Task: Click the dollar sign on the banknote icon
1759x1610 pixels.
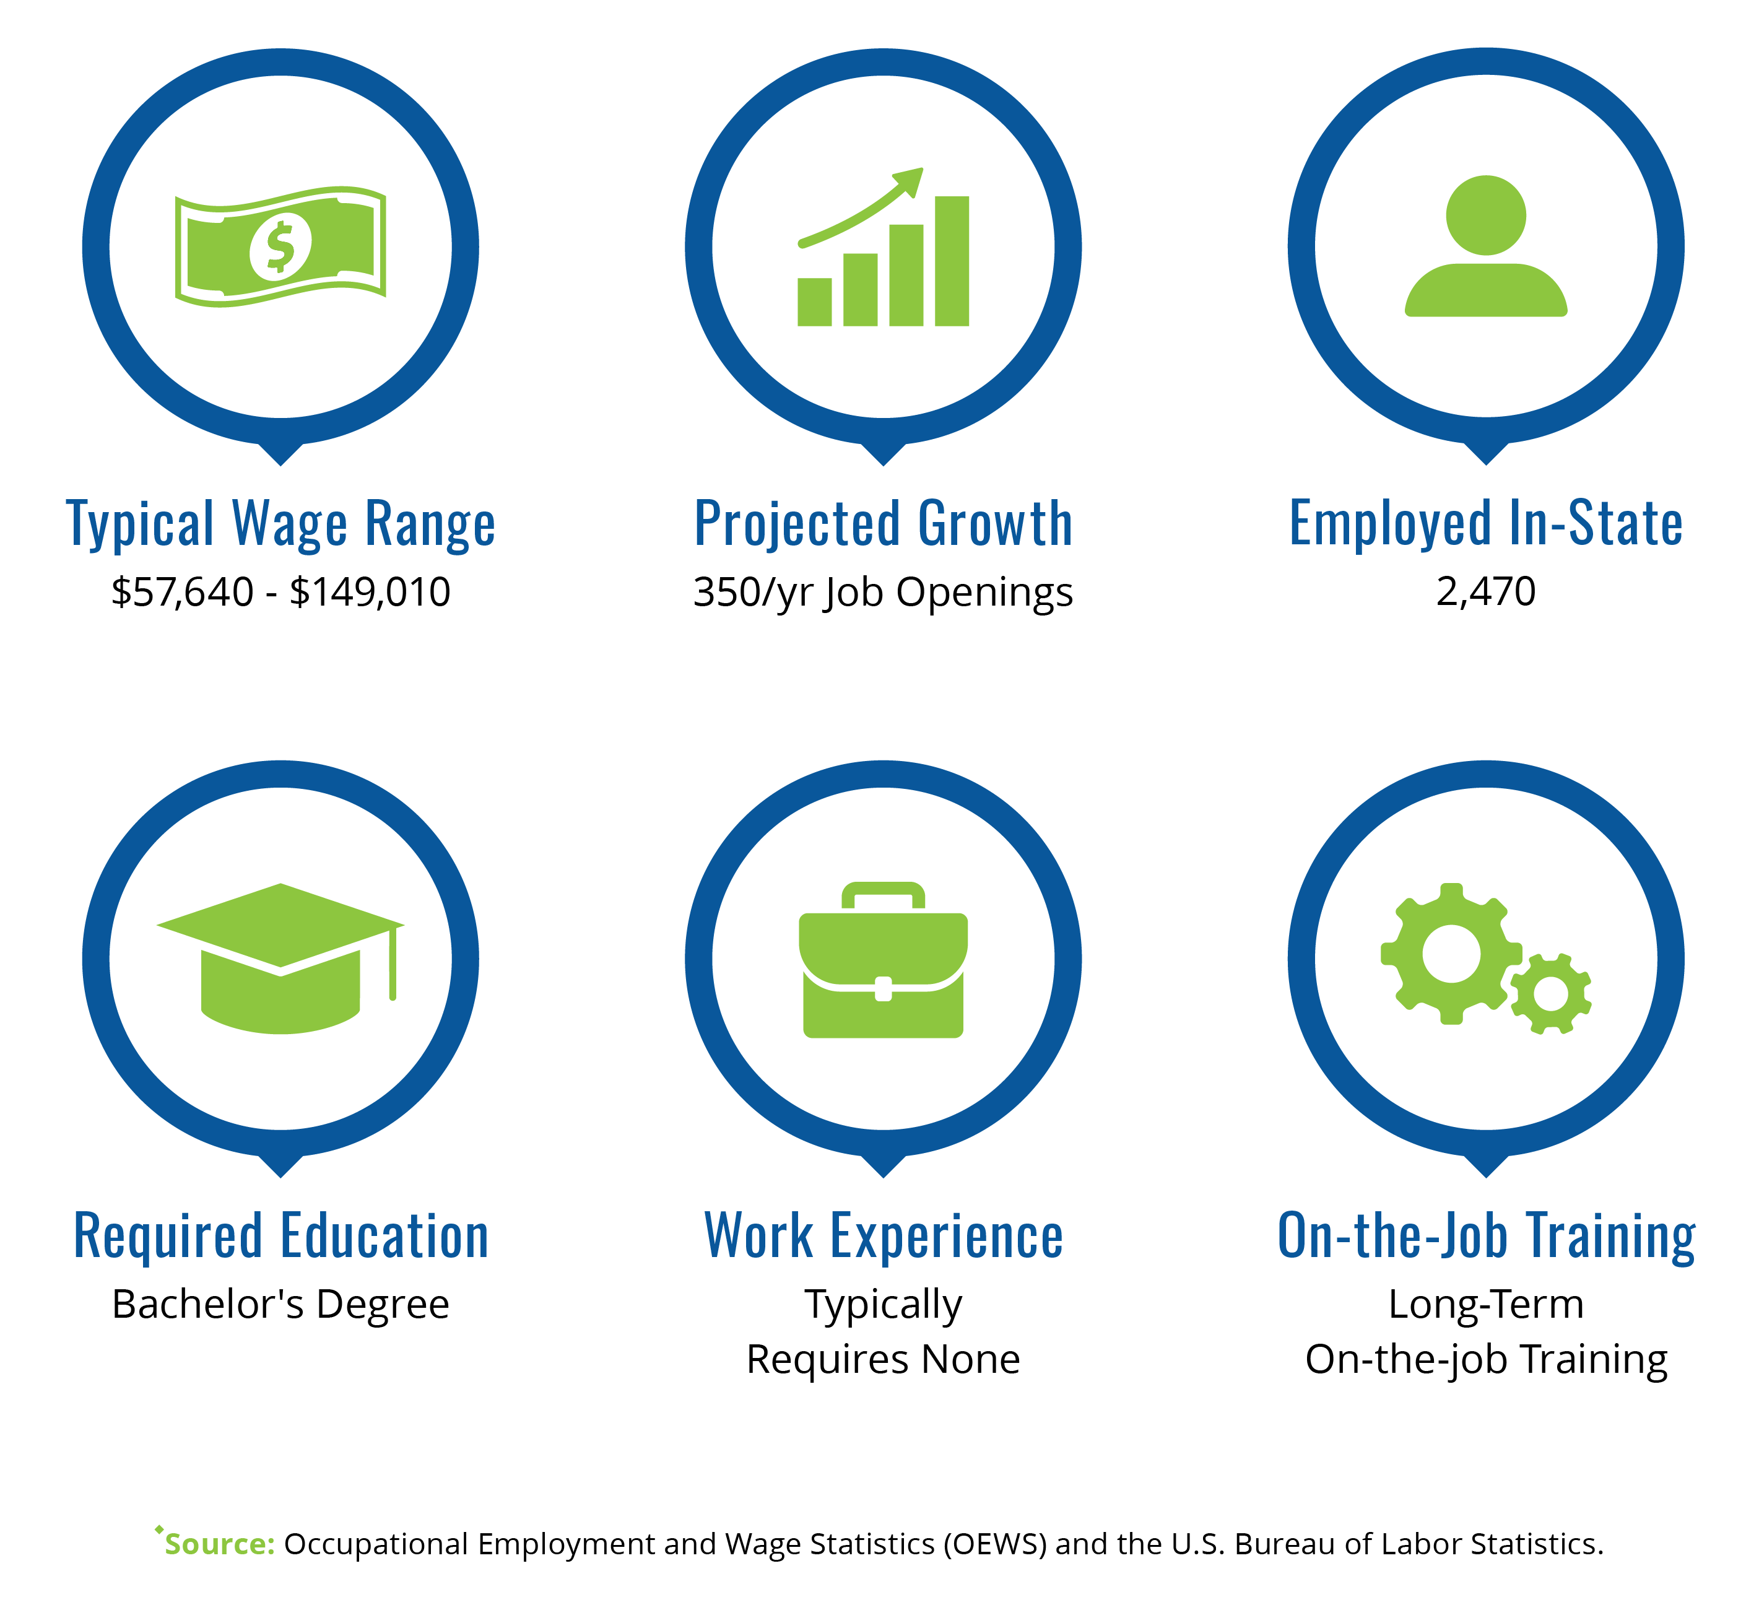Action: pyautogui.click(x=280, y=247)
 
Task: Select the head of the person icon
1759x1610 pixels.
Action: pyautogui.click(x=1486, y=215)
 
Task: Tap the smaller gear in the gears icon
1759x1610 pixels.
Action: pyautogui.click(x=1550, y=994)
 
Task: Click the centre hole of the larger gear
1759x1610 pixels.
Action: pyautogui.click(x=1451, y=954)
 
